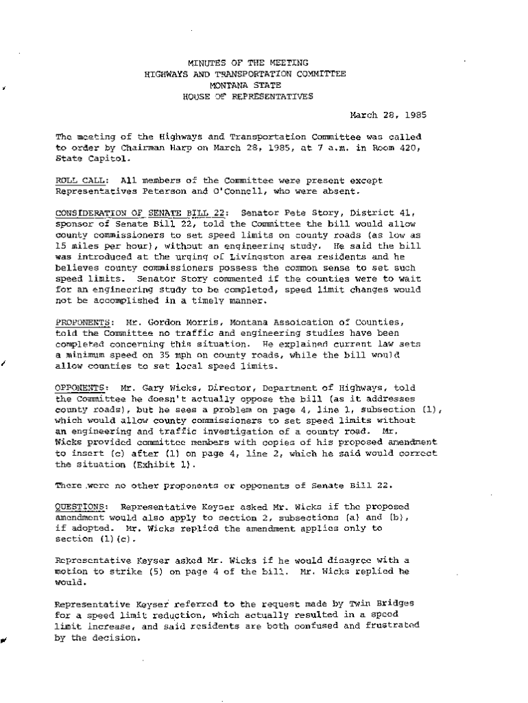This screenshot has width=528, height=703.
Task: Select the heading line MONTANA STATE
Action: (x=248, y=85)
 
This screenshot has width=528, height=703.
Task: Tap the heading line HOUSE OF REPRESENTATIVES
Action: (x=248, y=96)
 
